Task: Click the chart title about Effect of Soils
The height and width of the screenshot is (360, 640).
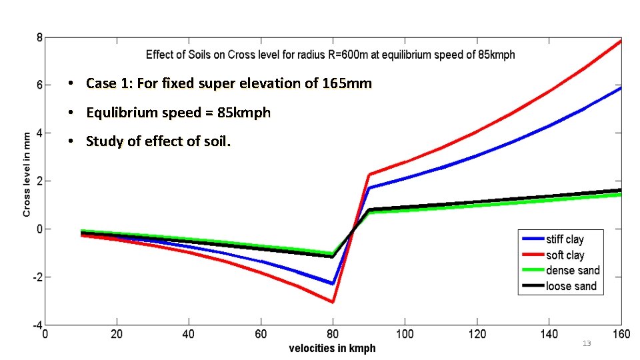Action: (330, 55)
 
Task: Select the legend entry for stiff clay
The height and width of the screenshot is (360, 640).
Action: (565, 239)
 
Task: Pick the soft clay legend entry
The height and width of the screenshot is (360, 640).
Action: (565, 255)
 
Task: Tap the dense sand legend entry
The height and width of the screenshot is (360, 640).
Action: (572, 270)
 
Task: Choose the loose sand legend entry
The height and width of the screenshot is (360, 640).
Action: (571, 286)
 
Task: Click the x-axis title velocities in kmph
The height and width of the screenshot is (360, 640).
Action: (332, 348)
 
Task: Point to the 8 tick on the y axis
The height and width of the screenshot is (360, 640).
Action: (39, 37)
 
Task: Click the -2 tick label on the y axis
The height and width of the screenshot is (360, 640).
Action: (37, 277)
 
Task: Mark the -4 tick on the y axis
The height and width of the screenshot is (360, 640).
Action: (37, 325)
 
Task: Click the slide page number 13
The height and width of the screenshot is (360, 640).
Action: (587, 343)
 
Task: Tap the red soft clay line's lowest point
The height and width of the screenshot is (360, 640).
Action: (333, 302)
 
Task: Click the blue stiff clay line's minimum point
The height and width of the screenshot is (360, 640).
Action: (333, 283)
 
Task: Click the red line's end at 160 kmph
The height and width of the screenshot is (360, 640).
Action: (621, 41)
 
